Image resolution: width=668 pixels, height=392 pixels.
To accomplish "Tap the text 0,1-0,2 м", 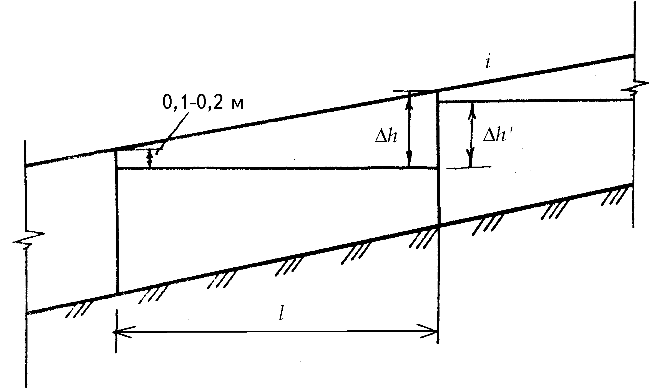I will click(x=203, y=104).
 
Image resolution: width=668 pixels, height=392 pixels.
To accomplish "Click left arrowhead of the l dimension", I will click(x=122, y=332).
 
